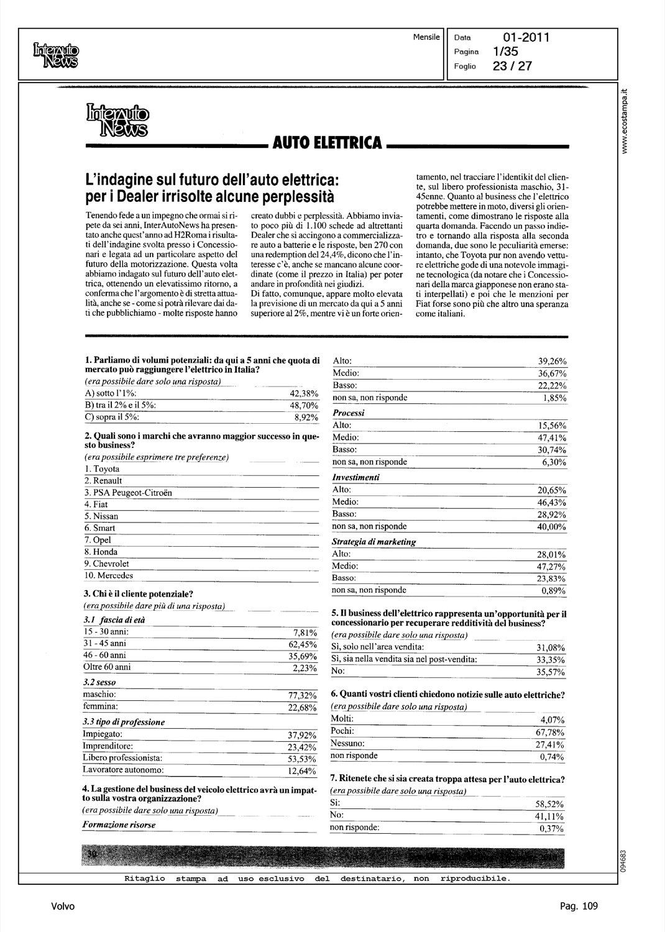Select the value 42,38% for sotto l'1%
click(x=304, y=394)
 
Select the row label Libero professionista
click(x=122, y=758)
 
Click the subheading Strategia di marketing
click(x=374, y=542)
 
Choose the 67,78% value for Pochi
click(x=550, y=733)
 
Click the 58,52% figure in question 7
click(x=550, y=804)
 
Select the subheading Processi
click(x=349, y=413)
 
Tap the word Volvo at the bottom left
click(x=63, y=907)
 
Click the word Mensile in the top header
click(x=426, y=37)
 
